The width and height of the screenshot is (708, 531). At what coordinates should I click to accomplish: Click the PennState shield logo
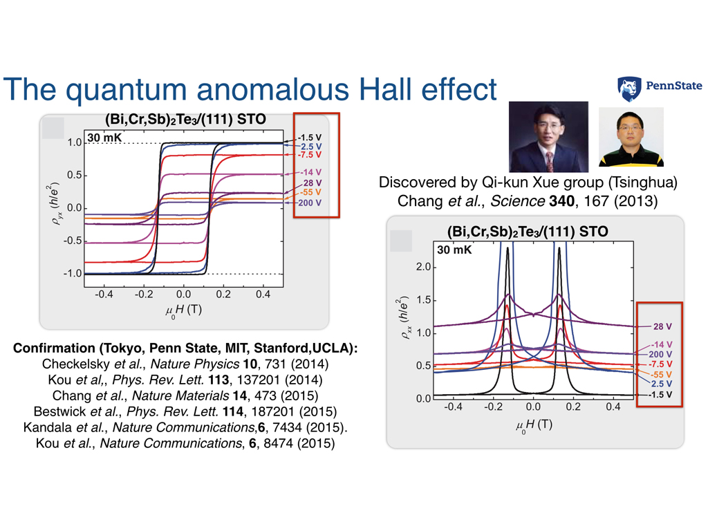pos(630,89)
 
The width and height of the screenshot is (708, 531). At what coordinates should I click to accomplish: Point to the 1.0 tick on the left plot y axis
pos(75,142)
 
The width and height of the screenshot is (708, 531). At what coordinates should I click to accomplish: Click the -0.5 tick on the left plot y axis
pos(73,241)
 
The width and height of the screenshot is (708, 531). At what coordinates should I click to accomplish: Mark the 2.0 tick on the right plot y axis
pos(423,267)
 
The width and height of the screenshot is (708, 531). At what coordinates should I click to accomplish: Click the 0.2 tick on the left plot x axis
pos(223,295)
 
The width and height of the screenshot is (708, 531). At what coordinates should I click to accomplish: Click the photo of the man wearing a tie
pos(548,137)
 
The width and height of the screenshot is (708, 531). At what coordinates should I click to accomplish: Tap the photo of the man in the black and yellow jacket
pos(630,137)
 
